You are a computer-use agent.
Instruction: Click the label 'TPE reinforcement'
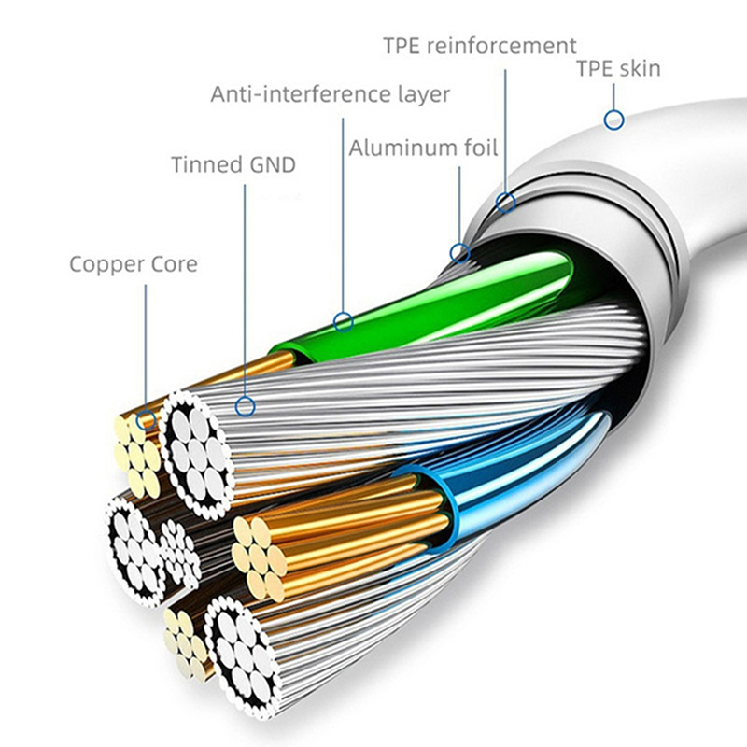(479, 46)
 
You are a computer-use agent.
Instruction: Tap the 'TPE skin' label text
(617, 68)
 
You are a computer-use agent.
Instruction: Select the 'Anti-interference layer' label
(330, 94)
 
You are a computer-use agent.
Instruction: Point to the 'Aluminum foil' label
(423, 148)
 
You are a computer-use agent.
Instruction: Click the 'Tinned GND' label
(233, 166)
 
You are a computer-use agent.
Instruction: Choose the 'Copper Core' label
(134, 264)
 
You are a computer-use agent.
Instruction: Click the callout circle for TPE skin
(613, 120)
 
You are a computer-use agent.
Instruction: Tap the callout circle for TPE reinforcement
(506, 202)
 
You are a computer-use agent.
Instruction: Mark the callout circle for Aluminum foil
(459, 252)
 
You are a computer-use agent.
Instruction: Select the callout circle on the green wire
(344, 323)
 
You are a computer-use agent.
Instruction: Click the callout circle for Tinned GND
(245, 406)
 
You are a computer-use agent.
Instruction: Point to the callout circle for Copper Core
(145, 421)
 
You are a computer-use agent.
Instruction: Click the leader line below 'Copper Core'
(145, 345)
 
